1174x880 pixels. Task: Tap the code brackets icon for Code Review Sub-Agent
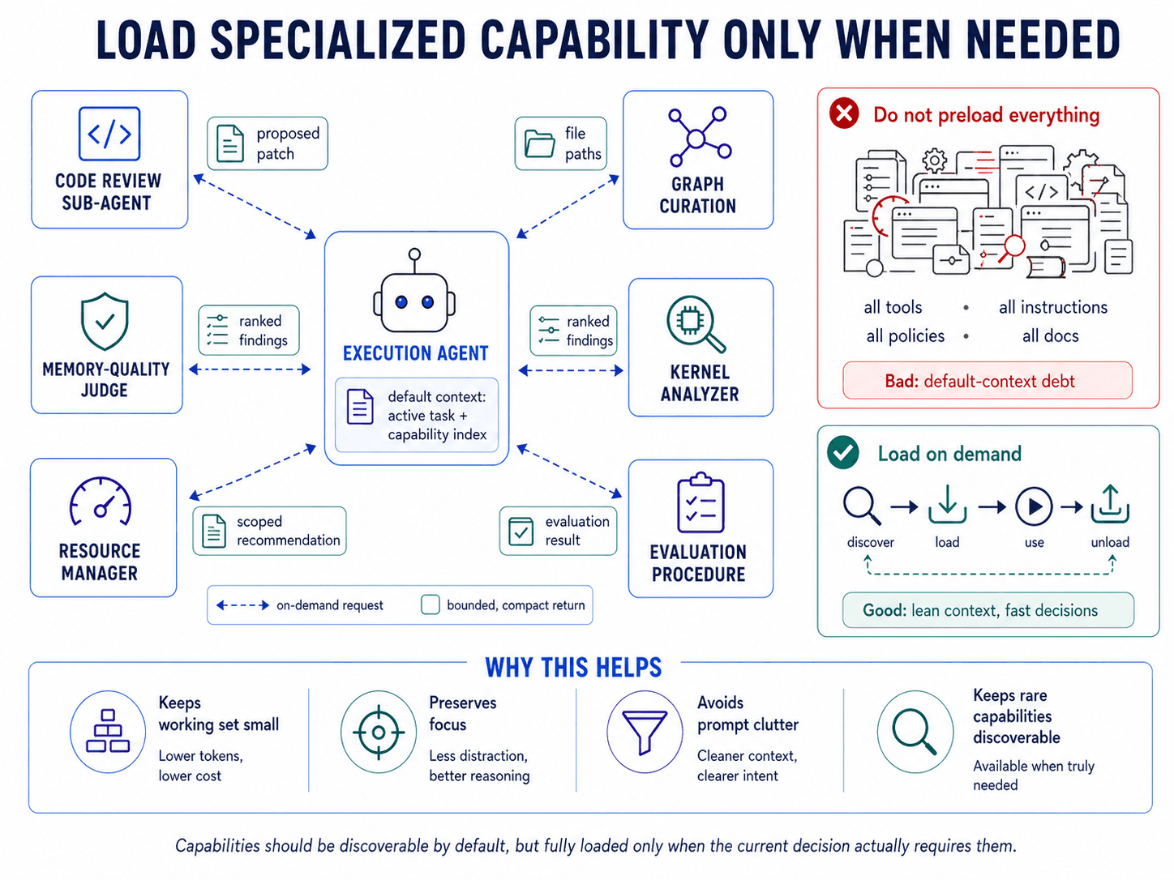click(109, 134)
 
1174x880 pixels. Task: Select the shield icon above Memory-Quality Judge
click(105, 321)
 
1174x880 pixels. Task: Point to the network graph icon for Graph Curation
click(698, 138)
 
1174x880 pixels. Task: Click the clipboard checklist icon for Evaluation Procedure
click(701, 503)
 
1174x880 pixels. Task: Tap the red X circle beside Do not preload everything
click(844, 113)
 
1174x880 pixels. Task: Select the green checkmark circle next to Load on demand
click(843, 452)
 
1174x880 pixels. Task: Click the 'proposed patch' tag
click(268, 143)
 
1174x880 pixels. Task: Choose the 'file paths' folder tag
click(561, 143)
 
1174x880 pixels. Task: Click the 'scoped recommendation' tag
click(269, 531)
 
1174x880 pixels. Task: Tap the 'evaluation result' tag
click(558, 531)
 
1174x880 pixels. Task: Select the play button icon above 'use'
click(1035, 507)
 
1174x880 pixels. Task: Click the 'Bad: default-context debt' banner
click(987, 381)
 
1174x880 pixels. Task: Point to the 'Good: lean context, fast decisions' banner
click(988, 610)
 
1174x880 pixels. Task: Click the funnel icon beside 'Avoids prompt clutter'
click(644, 732)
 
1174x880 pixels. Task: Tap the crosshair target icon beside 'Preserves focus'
click(378, 732)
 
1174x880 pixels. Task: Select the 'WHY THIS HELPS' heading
click(573, 667)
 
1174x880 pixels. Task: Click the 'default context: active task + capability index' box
click(417, 415)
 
